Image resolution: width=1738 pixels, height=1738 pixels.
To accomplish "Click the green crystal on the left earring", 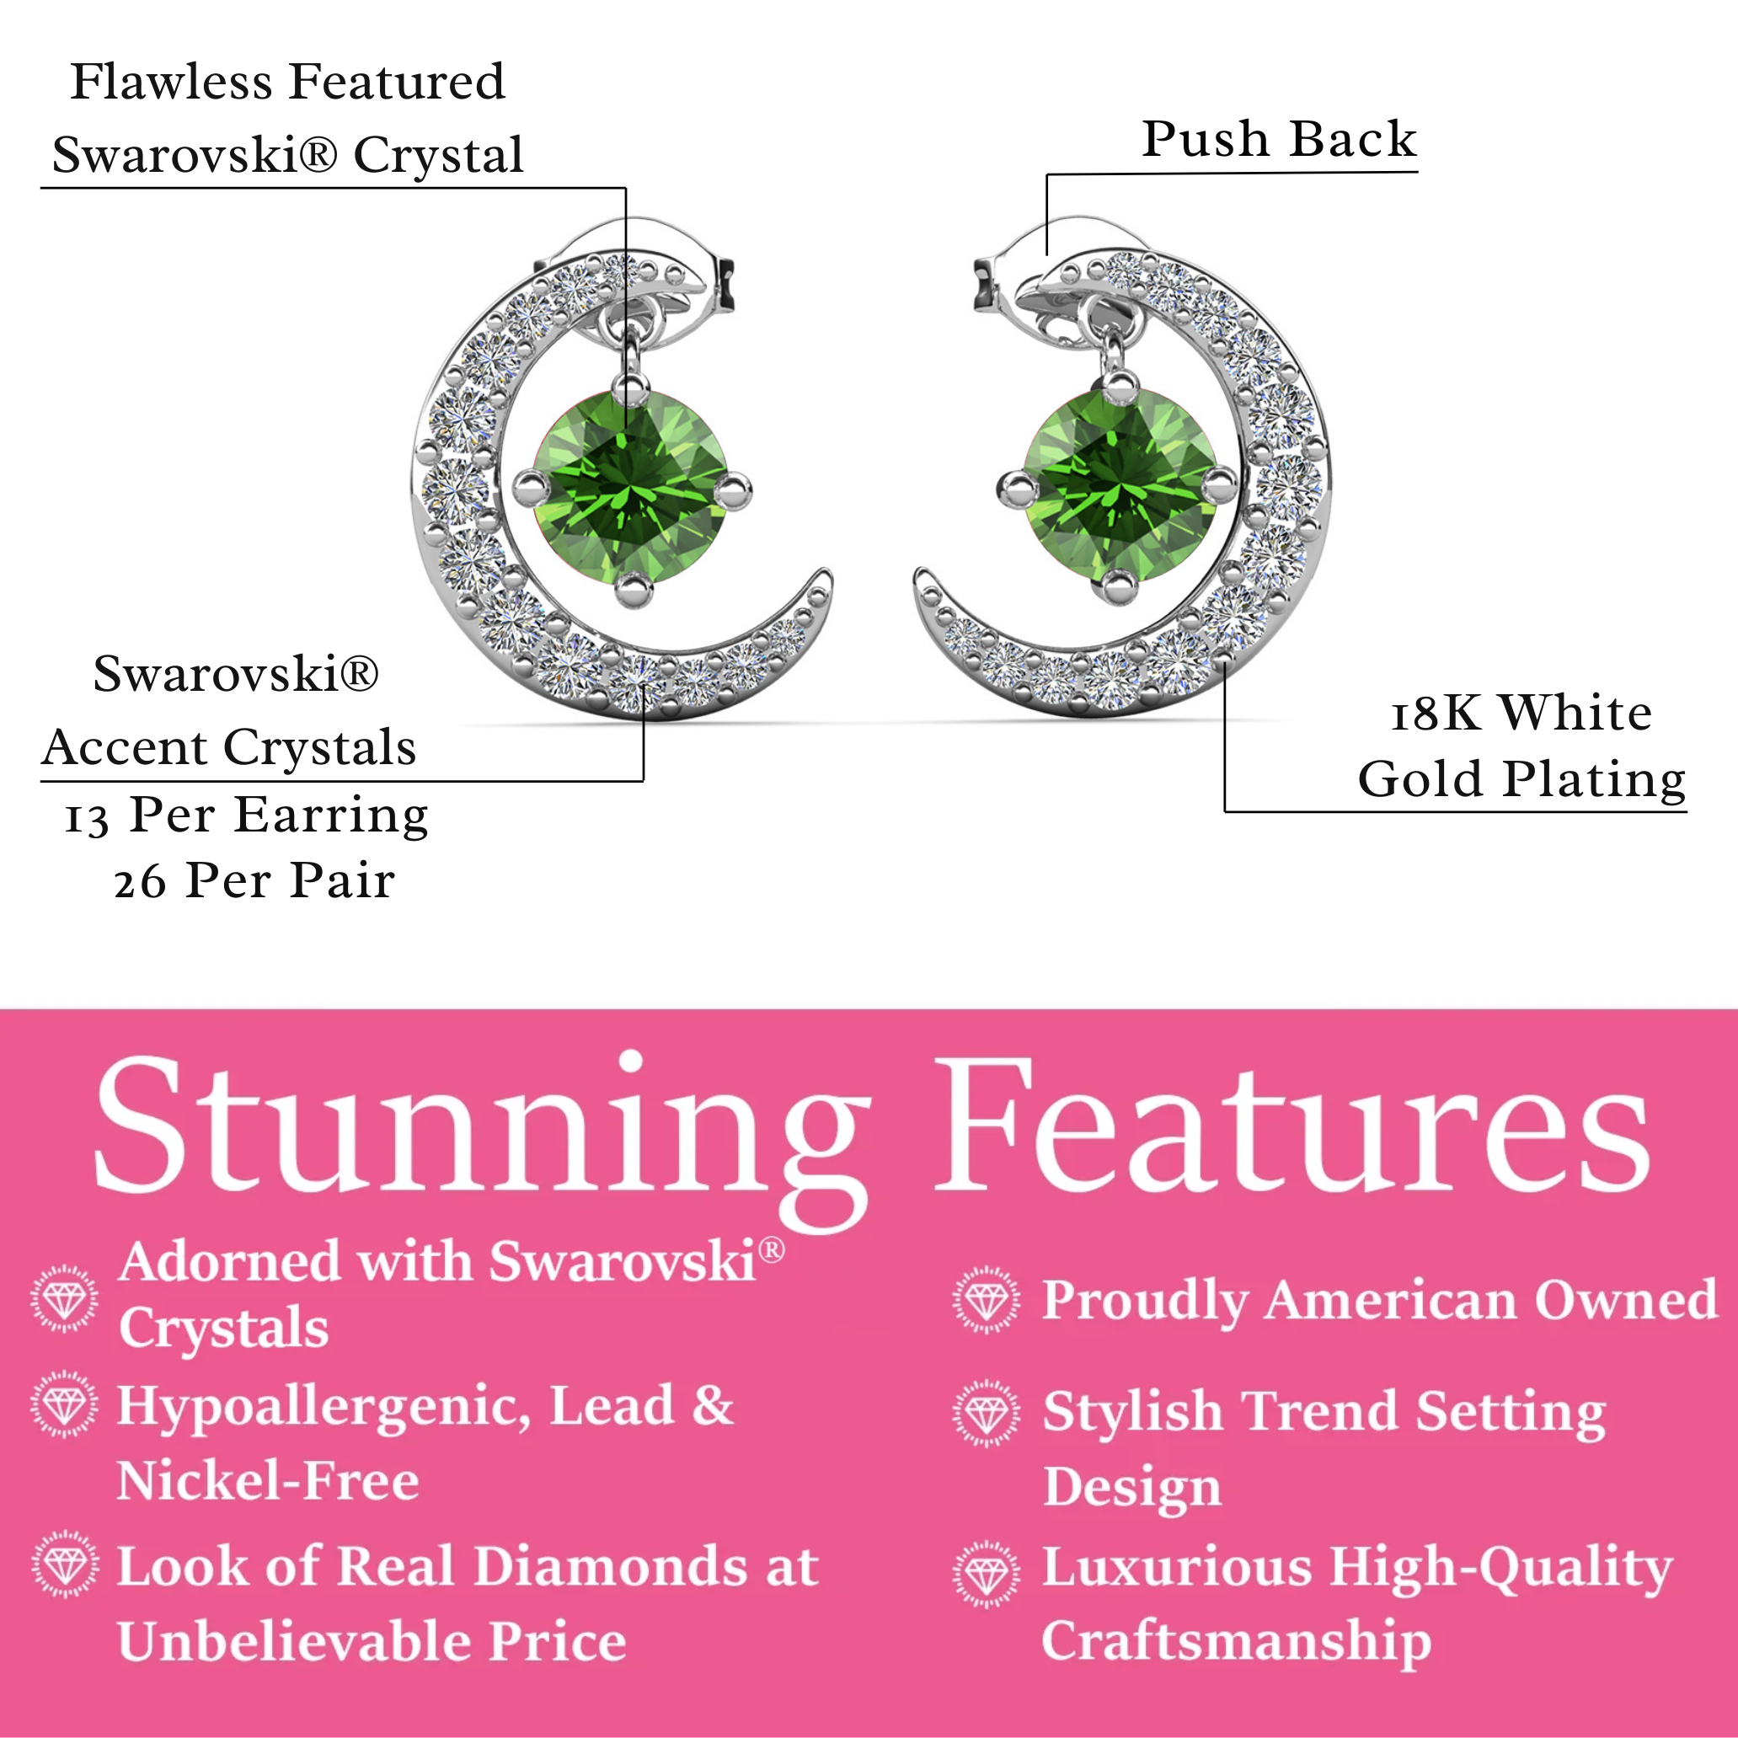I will [x=632, y=488].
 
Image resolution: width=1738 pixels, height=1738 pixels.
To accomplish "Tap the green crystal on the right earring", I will [x=1119, y=488].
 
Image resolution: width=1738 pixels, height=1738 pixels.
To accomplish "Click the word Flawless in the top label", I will [x=171, y=82].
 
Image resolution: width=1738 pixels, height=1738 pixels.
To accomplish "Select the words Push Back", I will [x=1278, y=140].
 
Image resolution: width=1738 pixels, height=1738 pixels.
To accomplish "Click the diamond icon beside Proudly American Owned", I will [x=987, y=1300].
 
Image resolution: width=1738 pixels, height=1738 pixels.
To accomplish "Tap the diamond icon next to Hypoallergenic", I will [x=64, y=1404].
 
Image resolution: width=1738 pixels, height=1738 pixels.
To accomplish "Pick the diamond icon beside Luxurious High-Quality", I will [x=987, y=1575].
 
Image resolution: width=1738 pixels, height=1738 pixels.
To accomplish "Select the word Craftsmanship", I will [x=1235, y=1641].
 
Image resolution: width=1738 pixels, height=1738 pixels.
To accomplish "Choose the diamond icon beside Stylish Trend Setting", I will [x=987, y=1414].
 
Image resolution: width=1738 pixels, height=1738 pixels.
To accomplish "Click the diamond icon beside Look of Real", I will [x=65, y=1565].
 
